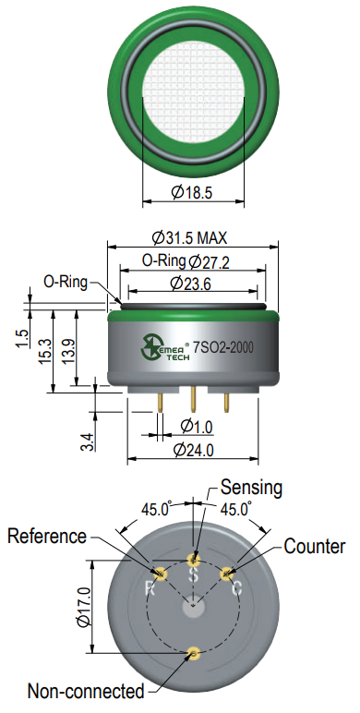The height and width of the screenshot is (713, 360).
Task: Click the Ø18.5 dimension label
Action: pos(192,192)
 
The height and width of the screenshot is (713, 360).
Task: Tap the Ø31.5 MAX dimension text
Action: pos(189,237)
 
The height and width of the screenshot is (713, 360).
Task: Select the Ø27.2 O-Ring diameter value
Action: pos(210,261)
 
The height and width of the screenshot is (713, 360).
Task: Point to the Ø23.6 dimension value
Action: pos(190,284)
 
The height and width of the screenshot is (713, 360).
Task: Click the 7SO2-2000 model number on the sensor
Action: pos(223,347)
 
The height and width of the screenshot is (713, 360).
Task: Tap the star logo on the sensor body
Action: pos(150,346)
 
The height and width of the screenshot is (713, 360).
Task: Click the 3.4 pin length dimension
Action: pos(89,441)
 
